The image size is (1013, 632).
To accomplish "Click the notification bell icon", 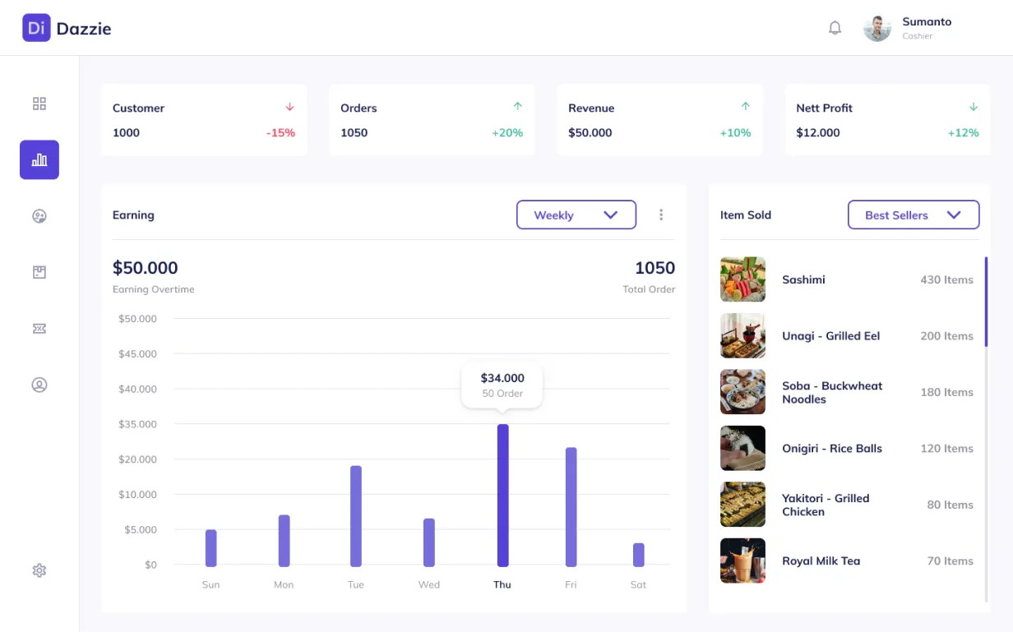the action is [x=835, y=28].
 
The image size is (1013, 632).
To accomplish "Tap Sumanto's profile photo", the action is [x=877, y=28].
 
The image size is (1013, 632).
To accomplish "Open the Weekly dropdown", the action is [x=576, y=215].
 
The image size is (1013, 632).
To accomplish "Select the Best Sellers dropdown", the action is [x=914, y=215].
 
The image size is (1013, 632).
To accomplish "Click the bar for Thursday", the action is [x=503, y=495].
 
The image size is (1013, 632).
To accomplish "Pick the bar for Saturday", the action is [x=639, y=555].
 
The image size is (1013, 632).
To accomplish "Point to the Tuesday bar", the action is [x=356, y=516].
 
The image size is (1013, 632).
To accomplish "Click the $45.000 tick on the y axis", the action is [x=137, y=353].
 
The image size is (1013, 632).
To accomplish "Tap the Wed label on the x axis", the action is [x=428, y=584].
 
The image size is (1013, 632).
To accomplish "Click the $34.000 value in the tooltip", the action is [x=502, y=378].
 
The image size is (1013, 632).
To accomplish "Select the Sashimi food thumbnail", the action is [x=742, y=279].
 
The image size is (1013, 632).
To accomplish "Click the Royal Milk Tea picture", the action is [x=742, y=560].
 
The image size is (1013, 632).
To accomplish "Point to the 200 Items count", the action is [x=946, y=336].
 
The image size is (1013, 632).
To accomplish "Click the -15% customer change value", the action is [x=280, y=132].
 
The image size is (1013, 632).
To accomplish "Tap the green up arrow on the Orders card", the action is [x=518, y=106].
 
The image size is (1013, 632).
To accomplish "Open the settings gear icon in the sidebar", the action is [x=39, y=570].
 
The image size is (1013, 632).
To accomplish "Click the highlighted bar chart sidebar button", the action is [x=39, y=159].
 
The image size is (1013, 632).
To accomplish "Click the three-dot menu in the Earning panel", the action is [x=661, y=215].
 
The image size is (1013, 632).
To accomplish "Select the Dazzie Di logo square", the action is [x=36, y=28].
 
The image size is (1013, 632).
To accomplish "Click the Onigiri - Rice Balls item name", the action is [x=832, y=448].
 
